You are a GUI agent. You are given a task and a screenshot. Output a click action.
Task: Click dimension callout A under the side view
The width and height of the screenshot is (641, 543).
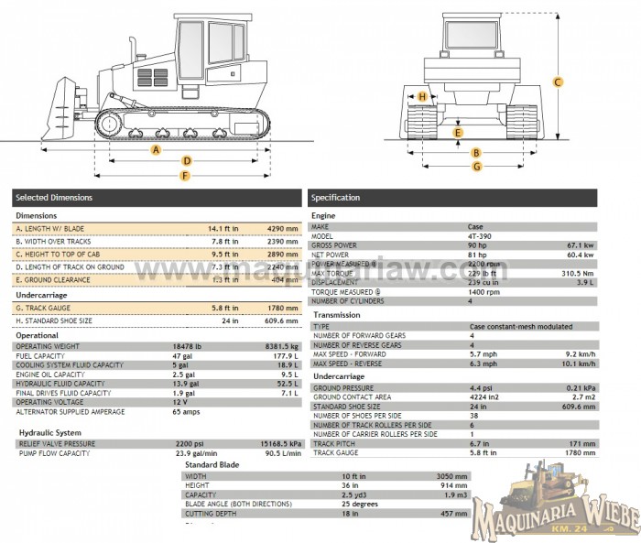pos(157,149)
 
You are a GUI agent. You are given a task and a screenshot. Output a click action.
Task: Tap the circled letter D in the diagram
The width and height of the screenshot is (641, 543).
pos(186,161)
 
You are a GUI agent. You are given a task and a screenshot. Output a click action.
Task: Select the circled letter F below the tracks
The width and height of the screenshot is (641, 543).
pos(186,175)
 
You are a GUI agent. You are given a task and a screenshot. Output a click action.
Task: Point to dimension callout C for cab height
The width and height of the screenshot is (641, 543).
pos(558,82)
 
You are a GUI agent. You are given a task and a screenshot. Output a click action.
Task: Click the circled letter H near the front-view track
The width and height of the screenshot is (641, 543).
pos(422,96)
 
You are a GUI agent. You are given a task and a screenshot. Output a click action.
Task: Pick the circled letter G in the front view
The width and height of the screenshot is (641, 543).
pos(477,166)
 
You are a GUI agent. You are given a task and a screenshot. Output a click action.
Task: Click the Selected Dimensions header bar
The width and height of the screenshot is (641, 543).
pos(157,197)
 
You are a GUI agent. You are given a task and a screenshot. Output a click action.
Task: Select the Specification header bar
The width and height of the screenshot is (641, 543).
pos(452,197)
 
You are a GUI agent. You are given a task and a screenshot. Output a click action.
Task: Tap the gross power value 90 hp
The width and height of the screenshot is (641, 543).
pos(479,245)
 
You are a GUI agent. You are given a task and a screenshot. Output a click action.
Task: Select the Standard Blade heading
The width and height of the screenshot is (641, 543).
pos(212,465)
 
